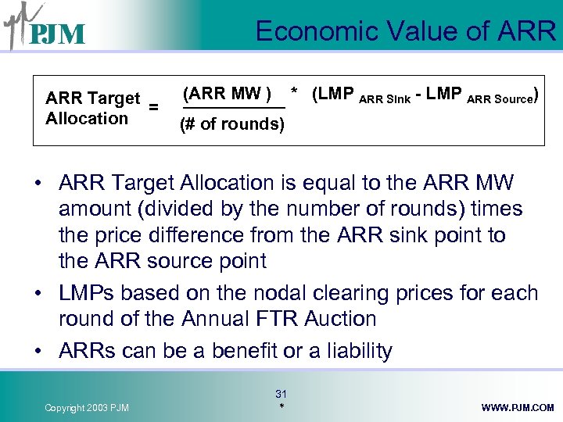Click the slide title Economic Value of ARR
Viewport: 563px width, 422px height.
click(x=405, y=31)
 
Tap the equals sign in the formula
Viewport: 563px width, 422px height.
click(x=154, y=107)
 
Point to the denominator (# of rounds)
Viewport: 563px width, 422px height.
click(x=232, y=124)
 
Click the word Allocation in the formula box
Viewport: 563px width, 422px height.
click(x=87, y=119)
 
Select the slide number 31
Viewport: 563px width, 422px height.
click(x=281, y=394)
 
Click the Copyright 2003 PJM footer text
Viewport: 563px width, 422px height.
click(x=87, y=408)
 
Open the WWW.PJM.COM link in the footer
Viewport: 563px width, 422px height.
click(x=518, y=408)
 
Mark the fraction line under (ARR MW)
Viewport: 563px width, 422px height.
click(x=233, y=109)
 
